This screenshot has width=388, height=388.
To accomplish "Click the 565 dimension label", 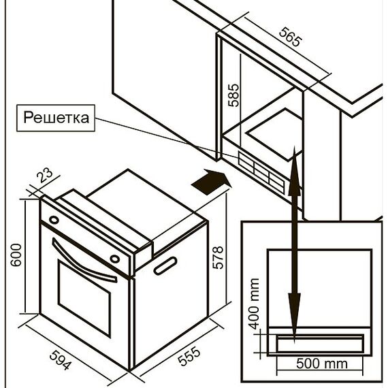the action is (291, 37).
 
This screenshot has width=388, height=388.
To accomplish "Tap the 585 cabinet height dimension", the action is (233, 95).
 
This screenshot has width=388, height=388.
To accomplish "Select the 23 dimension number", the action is (45, 175).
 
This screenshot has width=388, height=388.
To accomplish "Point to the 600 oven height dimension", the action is (16, 255).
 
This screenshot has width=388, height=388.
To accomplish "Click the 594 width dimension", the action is (61, 360).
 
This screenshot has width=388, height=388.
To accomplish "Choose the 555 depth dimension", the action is (189, 355).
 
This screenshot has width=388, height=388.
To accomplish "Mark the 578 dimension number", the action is (218, 257).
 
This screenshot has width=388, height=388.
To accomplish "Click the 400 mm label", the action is (254, 304).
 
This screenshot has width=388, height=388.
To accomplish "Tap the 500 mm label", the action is (322, 363).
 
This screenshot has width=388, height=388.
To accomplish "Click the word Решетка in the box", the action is (56, 118).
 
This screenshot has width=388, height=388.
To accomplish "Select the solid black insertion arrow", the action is (211, 182).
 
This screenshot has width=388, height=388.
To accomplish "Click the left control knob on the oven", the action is (54, 219).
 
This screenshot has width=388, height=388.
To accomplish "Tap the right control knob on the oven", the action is (115, 259).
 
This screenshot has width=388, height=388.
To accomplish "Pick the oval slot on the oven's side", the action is (165, 265).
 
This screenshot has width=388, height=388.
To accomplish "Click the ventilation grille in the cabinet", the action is (261, 172).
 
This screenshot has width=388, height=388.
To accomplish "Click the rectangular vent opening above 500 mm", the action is (320, 343).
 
